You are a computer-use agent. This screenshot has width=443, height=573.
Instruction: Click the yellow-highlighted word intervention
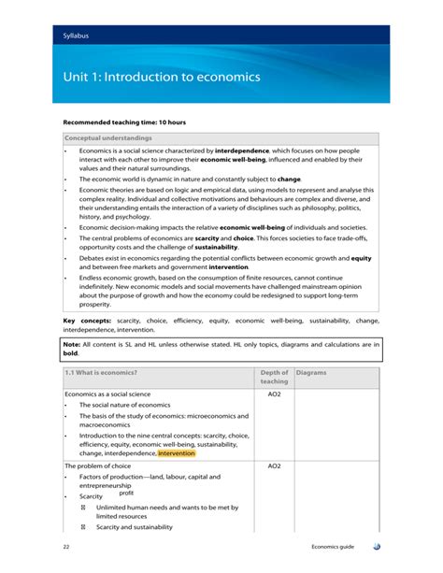pos(178,454)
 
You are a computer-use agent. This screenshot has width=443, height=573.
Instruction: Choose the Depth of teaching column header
pos(274,377)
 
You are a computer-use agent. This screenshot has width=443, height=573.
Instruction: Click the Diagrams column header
pos(309,372)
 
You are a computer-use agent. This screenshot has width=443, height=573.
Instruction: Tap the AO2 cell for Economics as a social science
pos(274,394)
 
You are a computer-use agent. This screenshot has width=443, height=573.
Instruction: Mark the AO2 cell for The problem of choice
pos(274,466)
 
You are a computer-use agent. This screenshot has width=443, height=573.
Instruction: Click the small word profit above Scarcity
pos(126,493)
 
